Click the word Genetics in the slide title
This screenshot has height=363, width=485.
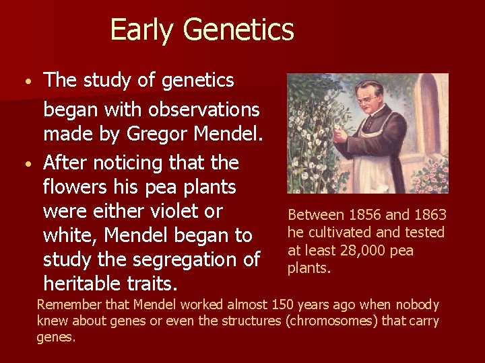[238, 30]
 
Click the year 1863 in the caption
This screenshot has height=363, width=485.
[429, 215]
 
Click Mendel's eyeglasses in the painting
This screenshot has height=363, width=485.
[366, 98]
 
